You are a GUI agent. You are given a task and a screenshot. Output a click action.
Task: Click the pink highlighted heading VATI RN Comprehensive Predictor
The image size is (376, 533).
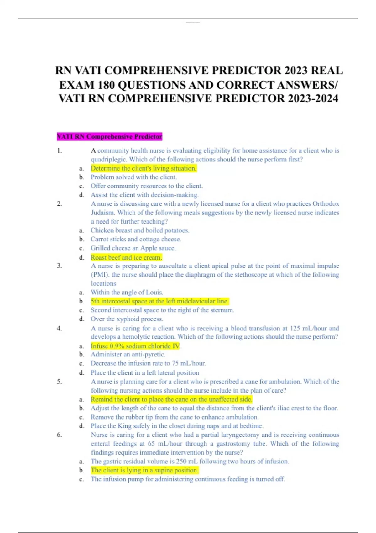click(109, 137)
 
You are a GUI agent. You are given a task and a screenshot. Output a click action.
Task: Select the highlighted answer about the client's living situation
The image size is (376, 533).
click(144, 168)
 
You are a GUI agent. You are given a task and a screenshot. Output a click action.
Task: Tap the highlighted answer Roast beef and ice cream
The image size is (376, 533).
click(126, 257)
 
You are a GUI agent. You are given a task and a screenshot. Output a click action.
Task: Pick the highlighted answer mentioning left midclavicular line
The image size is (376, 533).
click(160, 301)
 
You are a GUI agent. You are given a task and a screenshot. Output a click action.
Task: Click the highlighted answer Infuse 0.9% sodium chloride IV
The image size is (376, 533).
click(135, 346)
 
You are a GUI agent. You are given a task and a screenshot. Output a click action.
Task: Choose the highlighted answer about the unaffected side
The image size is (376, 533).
click(171, 399)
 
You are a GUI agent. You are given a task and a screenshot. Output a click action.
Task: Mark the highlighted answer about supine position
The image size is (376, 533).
click(144, 470)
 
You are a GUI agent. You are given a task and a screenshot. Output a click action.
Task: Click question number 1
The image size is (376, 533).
click(60, 151)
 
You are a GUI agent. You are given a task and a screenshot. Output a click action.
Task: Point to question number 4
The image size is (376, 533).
click(60, 329)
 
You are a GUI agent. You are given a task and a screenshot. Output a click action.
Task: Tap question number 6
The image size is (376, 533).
click(60, 435)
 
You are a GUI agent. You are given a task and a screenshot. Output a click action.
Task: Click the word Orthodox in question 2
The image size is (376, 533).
click(326, 204)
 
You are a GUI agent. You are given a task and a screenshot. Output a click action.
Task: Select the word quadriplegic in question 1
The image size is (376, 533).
click(108, 160)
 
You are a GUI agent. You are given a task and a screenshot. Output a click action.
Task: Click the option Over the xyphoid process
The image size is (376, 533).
click(127, 319)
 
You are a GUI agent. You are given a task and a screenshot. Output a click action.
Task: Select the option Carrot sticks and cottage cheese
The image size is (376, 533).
click(136, 239)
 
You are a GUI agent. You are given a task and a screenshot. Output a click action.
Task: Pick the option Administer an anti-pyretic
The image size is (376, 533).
click(128, 355)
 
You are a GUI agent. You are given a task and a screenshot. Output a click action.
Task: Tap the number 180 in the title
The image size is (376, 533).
click(105, 85)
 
